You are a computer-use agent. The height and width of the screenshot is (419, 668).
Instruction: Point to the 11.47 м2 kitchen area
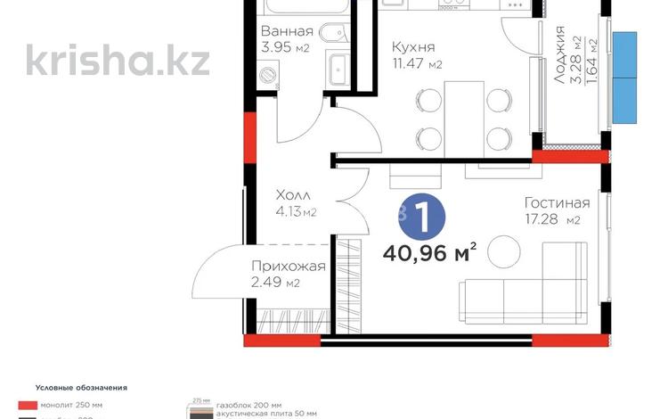417,64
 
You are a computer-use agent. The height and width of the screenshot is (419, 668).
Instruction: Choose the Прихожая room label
288,266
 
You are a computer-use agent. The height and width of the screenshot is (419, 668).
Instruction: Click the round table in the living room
506,247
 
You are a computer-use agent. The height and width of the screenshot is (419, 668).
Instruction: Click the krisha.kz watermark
118,61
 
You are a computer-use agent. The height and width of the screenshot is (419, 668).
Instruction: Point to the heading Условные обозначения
81,388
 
